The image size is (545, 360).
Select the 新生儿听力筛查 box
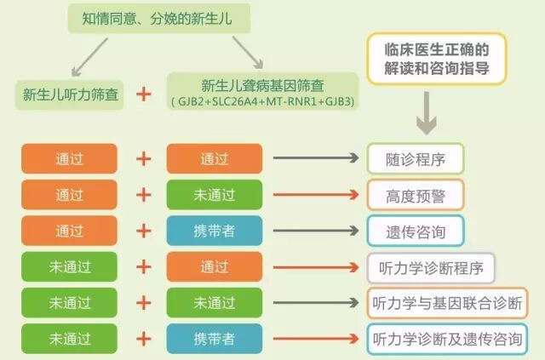point(71,94)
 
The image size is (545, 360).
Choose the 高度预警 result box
point(415,194)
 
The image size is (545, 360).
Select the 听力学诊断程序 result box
point(430,267)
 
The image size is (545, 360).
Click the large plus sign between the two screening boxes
point(145,94)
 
